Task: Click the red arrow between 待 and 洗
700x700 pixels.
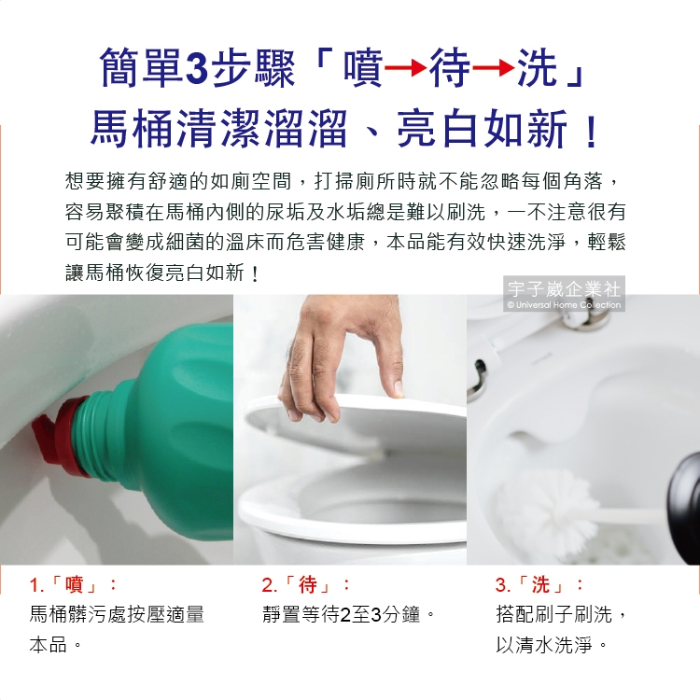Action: pos(494,69)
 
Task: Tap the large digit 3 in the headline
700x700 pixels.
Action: pos(196,68)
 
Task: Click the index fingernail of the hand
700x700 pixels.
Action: pos(398,389)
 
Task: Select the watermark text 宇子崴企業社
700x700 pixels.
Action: pos(564,289)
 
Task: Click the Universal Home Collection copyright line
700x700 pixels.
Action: pos(564,305)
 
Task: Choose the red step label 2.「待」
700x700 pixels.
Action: pos(306,584)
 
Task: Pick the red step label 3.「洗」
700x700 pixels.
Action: pos(539,584)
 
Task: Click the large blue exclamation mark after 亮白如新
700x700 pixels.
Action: pos(592,131)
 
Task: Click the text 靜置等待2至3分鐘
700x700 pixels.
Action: pos(342,615)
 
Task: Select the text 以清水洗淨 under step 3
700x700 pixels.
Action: pos(544,645)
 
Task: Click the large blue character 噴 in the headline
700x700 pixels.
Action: pos(363,68)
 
